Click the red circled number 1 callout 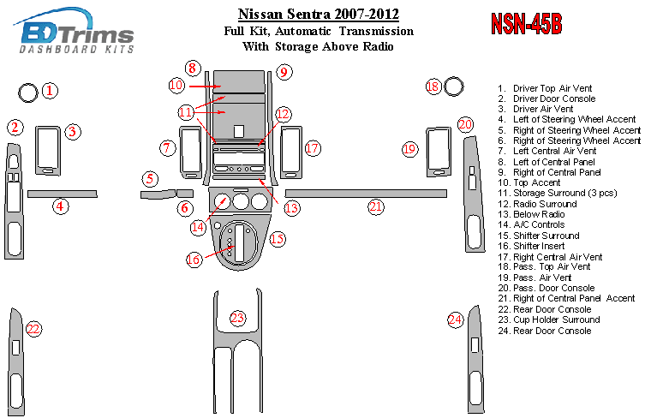[x=50, y=91]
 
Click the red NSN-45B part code [x=527, y=24]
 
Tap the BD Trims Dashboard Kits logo [x=75, y=32]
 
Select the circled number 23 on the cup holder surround [x=237, y=318]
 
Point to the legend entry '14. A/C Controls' [x=531, y=224]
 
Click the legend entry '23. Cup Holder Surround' [x=549, y=319]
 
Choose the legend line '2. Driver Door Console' [x=546, y=99]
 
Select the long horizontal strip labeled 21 [x=366, y=194]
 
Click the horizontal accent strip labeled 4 [x=63, y=194]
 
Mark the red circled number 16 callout [x=194, y=260]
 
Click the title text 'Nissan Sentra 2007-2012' [x=319, y=15]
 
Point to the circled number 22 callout [x=33, y=329]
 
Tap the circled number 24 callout [x=456, y=319]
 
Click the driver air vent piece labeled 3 [x=48, y=151]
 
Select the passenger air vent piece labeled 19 [x=439, y=152]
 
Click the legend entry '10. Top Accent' [x=529, y=182]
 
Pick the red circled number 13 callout [x=291, y=208]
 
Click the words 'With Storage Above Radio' [x=318, y=46]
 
